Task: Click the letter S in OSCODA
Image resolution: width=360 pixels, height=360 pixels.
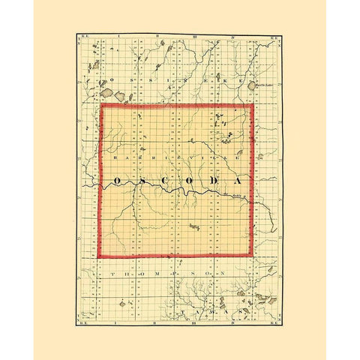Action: pos(143,181)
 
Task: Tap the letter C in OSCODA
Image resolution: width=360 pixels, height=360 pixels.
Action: pos(166,181)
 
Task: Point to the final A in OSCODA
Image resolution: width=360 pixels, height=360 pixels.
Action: pos(237,181)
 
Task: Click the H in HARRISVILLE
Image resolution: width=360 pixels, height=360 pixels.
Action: pos(112,160)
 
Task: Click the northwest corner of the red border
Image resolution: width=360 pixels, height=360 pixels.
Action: pos(100,105)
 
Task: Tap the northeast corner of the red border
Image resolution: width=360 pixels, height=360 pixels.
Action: pos(253,105)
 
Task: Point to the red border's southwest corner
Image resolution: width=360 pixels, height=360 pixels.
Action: pos(100,256)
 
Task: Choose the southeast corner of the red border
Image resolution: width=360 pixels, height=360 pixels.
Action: pos(253,256)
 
